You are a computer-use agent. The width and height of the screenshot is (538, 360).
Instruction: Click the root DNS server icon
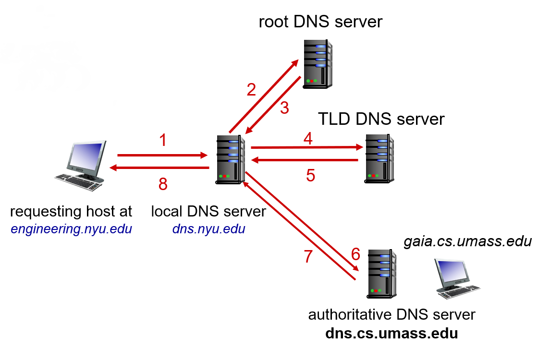click(x=318, y=64)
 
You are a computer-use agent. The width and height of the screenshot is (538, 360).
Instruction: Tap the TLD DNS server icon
click(x=379, y=158)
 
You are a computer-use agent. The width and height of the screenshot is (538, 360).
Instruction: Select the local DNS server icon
click(x=230, y=160)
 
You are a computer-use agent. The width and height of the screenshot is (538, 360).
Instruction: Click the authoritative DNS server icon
click(x=382, y=274)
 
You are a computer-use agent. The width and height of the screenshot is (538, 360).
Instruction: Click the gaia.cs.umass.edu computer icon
click(x=457, y=278)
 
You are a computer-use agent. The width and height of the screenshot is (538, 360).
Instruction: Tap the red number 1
click(x=163, y=140)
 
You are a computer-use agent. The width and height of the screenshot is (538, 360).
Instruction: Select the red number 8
click(x=163, y=184)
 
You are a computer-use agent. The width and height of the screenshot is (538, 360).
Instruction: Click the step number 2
click(x=252, y=90)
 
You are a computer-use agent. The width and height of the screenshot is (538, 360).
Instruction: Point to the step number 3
click(x=284, y=108)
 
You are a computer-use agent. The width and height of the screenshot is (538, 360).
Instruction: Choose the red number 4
click(x=308, y=139)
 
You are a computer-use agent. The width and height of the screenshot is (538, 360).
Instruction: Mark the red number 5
click(x=310, y=176)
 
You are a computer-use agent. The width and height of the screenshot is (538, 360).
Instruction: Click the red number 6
click(x=356, y=254)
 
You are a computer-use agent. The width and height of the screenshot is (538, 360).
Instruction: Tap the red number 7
click(x=308, y=256)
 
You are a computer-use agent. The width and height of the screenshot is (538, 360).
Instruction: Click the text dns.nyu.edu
click(x=208, y=228)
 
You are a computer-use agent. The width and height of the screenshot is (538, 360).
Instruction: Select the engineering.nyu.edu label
click(x=72, y=229)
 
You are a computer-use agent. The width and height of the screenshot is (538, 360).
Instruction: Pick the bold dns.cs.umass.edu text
click(x=391, y=333)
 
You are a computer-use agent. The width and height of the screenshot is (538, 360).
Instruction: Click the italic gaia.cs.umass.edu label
click(x=468, y=241)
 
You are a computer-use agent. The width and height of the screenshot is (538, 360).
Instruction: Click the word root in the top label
click(x=273, y=22)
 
